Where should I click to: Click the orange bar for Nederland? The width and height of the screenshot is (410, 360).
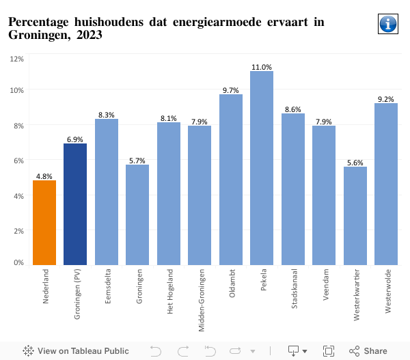click(44, 222)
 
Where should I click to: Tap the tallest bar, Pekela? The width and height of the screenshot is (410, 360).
click(262, 167)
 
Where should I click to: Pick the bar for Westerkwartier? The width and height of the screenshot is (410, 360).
click(355, 215)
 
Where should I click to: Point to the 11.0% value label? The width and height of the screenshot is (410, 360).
click(262, 67)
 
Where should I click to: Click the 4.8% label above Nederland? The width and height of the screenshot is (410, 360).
click(44, 176)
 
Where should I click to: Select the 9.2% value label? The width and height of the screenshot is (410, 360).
click(386, 99)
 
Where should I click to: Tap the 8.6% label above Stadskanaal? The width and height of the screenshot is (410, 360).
click(293, 109)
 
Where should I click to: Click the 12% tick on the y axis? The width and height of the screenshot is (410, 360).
click(17, 59)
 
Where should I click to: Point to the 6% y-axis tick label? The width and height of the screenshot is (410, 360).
click(18, 161)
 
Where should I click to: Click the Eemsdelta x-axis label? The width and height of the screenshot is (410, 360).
click(107, 288)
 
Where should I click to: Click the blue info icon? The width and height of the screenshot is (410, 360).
click(387, 24)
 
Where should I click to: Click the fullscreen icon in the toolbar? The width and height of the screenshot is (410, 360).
click(328, 351)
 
